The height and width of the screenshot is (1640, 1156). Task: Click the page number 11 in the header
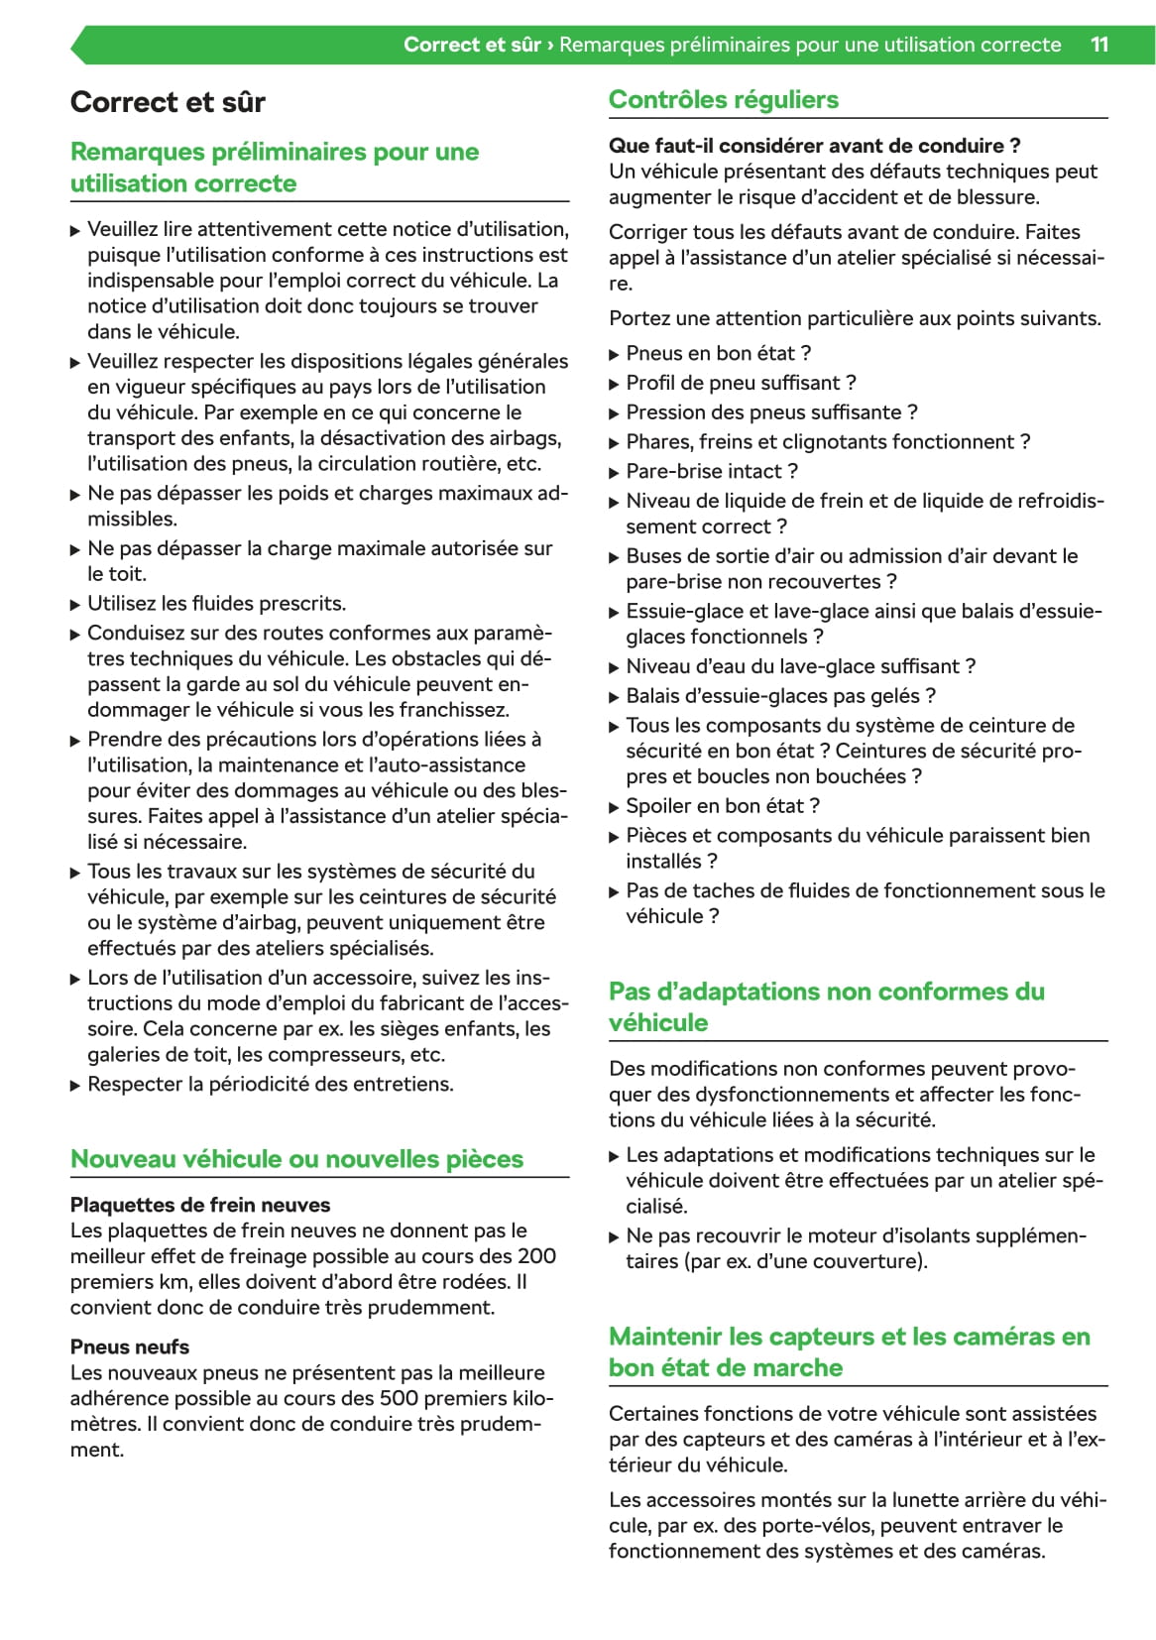pyautogui.click(x=1098, y=45)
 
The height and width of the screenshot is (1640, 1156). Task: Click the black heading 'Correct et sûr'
pyautogui.click(x=168, y=102)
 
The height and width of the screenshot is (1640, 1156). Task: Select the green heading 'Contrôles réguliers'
pyautogui.click(x=723, y=99)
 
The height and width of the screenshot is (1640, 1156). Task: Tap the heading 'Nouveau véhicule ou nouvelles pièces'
pyautogui.click(x=296, y=1158)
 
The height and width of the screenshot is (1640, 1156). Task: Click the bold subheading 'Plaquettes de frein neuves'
pyautogui.click(x=199, y=1205)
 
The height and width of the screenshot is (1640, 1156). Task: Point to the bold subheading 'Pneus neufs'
pyautogui.click(x=129, y=1347)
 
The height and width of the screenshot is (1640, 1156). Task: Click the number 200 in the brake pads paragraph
pyautogui.click(x=536, y=1256)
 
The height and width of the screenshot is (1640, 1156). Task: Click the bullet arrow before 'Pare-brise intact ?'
pyautogui.click(x=614, y=472)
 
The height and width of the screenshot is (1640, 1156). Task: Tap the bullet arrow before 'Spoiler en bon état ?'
pyautogui.click(x=614, y=807)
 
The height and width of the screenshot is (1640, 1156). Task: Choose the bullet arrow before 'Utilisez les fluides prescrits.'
pyautogui.click(x=75, y=605)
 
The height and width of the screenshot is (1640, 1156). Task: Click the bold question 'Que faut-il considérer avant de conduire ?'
pyautogui.click(x=814, y=146)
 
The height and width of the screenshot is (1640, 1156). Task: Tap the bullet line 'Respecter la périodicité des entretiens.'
pyautogui.click(x=270, y=1084)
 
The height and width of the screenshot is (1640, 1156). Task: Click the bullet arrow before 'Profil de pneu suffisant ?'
pyautogui.click(x=614, y=384)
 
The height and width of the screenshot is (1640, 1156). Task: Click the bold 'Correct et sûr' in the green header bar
pyautogui.click(x=472, y=45)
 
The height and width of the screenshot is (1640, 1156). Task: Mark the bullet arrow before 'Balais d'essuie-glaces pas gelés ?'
pyautogui.click(x=614, y=697)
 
